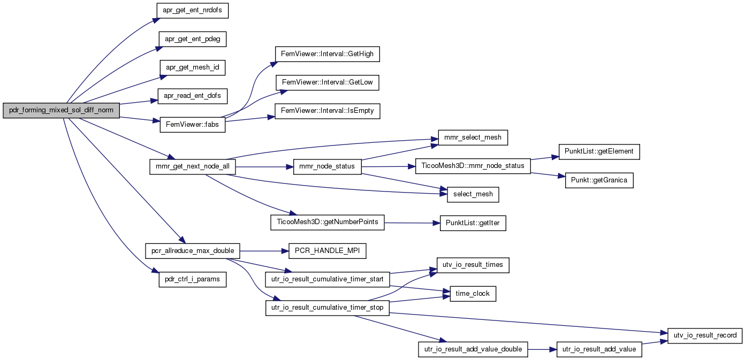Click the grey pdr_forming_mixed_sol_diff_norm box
point(61,110)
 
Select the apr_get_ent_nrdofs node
point(192,11)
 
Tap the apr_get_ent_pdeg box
point(193,39)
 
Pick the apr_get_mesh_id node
point(193,67)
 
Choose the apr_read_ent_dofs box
point(192,96)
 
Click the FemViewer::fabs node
point(192,125)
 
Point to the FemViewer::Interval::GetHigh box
point(327,54)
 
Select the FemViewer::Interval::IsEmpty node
point(327,111)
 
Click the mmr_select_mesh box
point(473,137)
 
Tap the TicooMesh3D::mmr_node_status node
point(473,166)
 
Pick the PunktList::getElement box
point(599,152)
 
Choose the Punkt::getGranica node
point(599,180)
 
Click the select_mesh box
point(473,195)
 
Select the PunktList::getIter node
point(473,223)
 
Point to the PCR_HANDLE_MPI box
point(327,251)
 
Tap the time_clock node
point(473,294)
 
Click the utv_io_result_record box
point(705,336)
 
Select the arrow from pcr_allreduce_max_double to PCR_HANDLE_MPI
point(264,251)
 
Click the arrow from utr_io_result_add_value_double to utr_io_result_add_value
point(542,349)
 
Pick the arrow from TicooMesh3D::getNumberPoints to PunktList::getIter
point(412,223)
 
